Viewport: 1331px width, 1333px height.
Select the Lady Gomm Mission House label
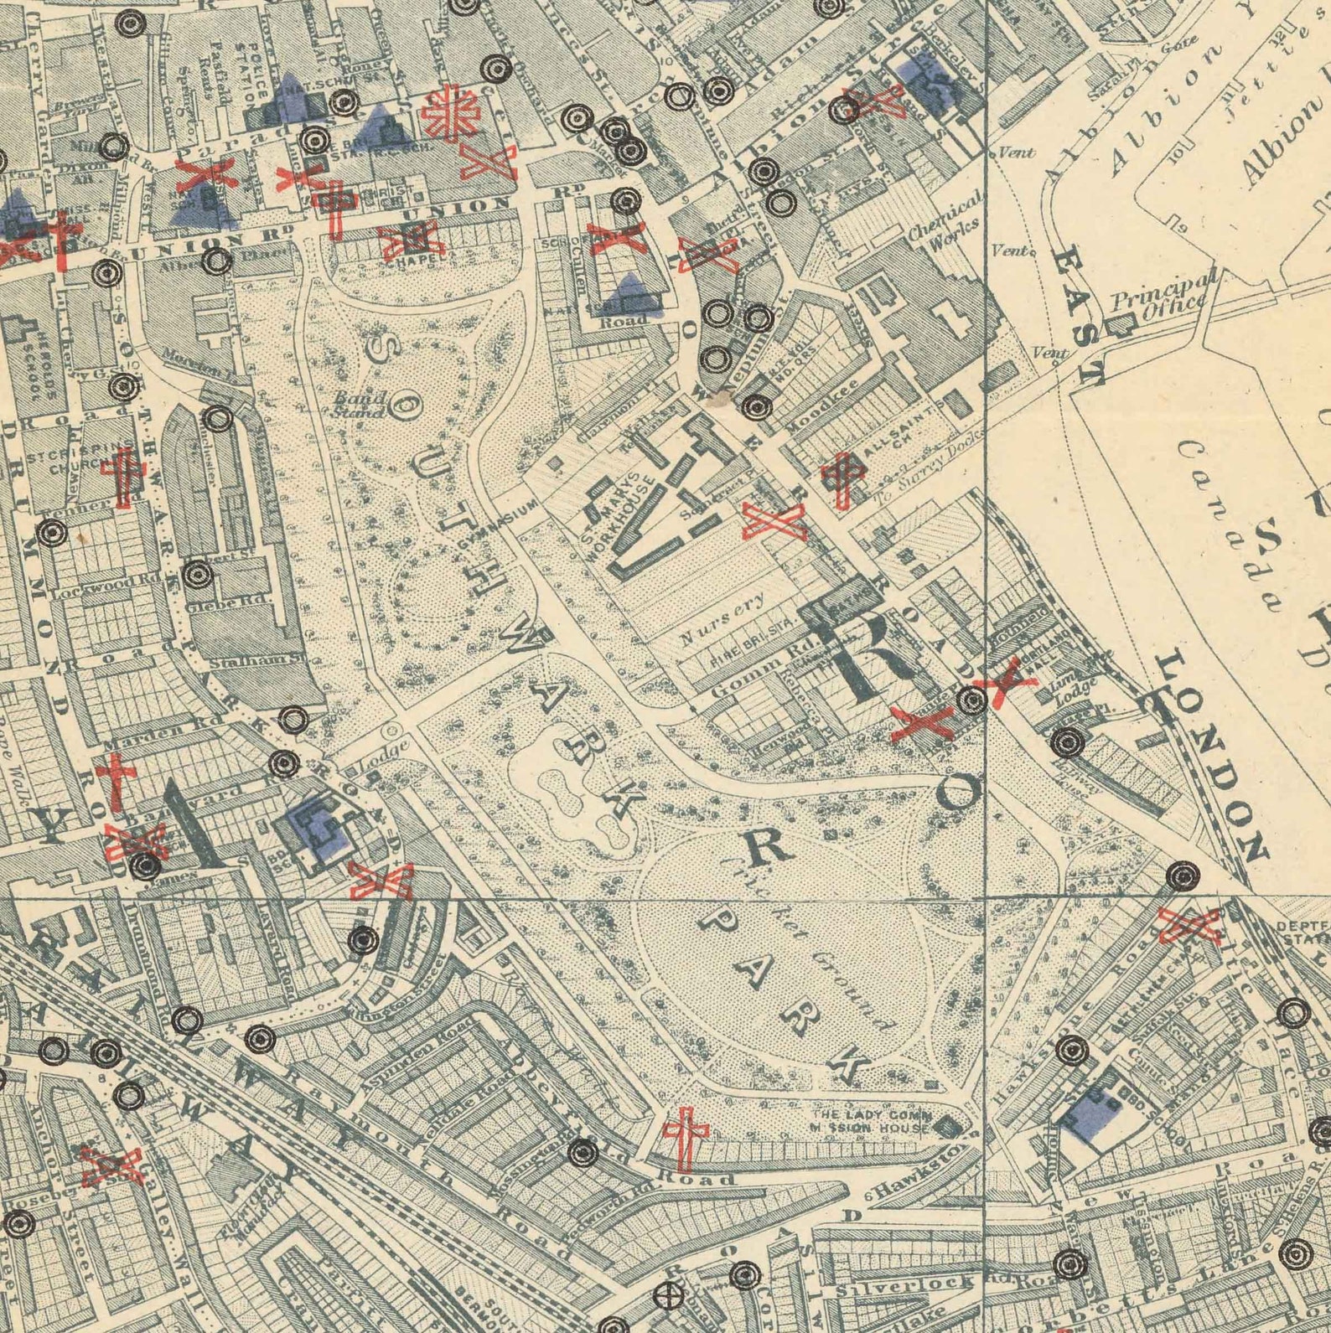pos(872,1121)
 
